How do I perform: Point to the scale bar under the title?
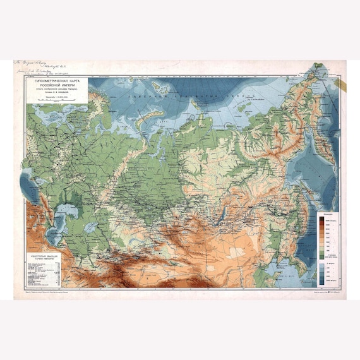[59, 103]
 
